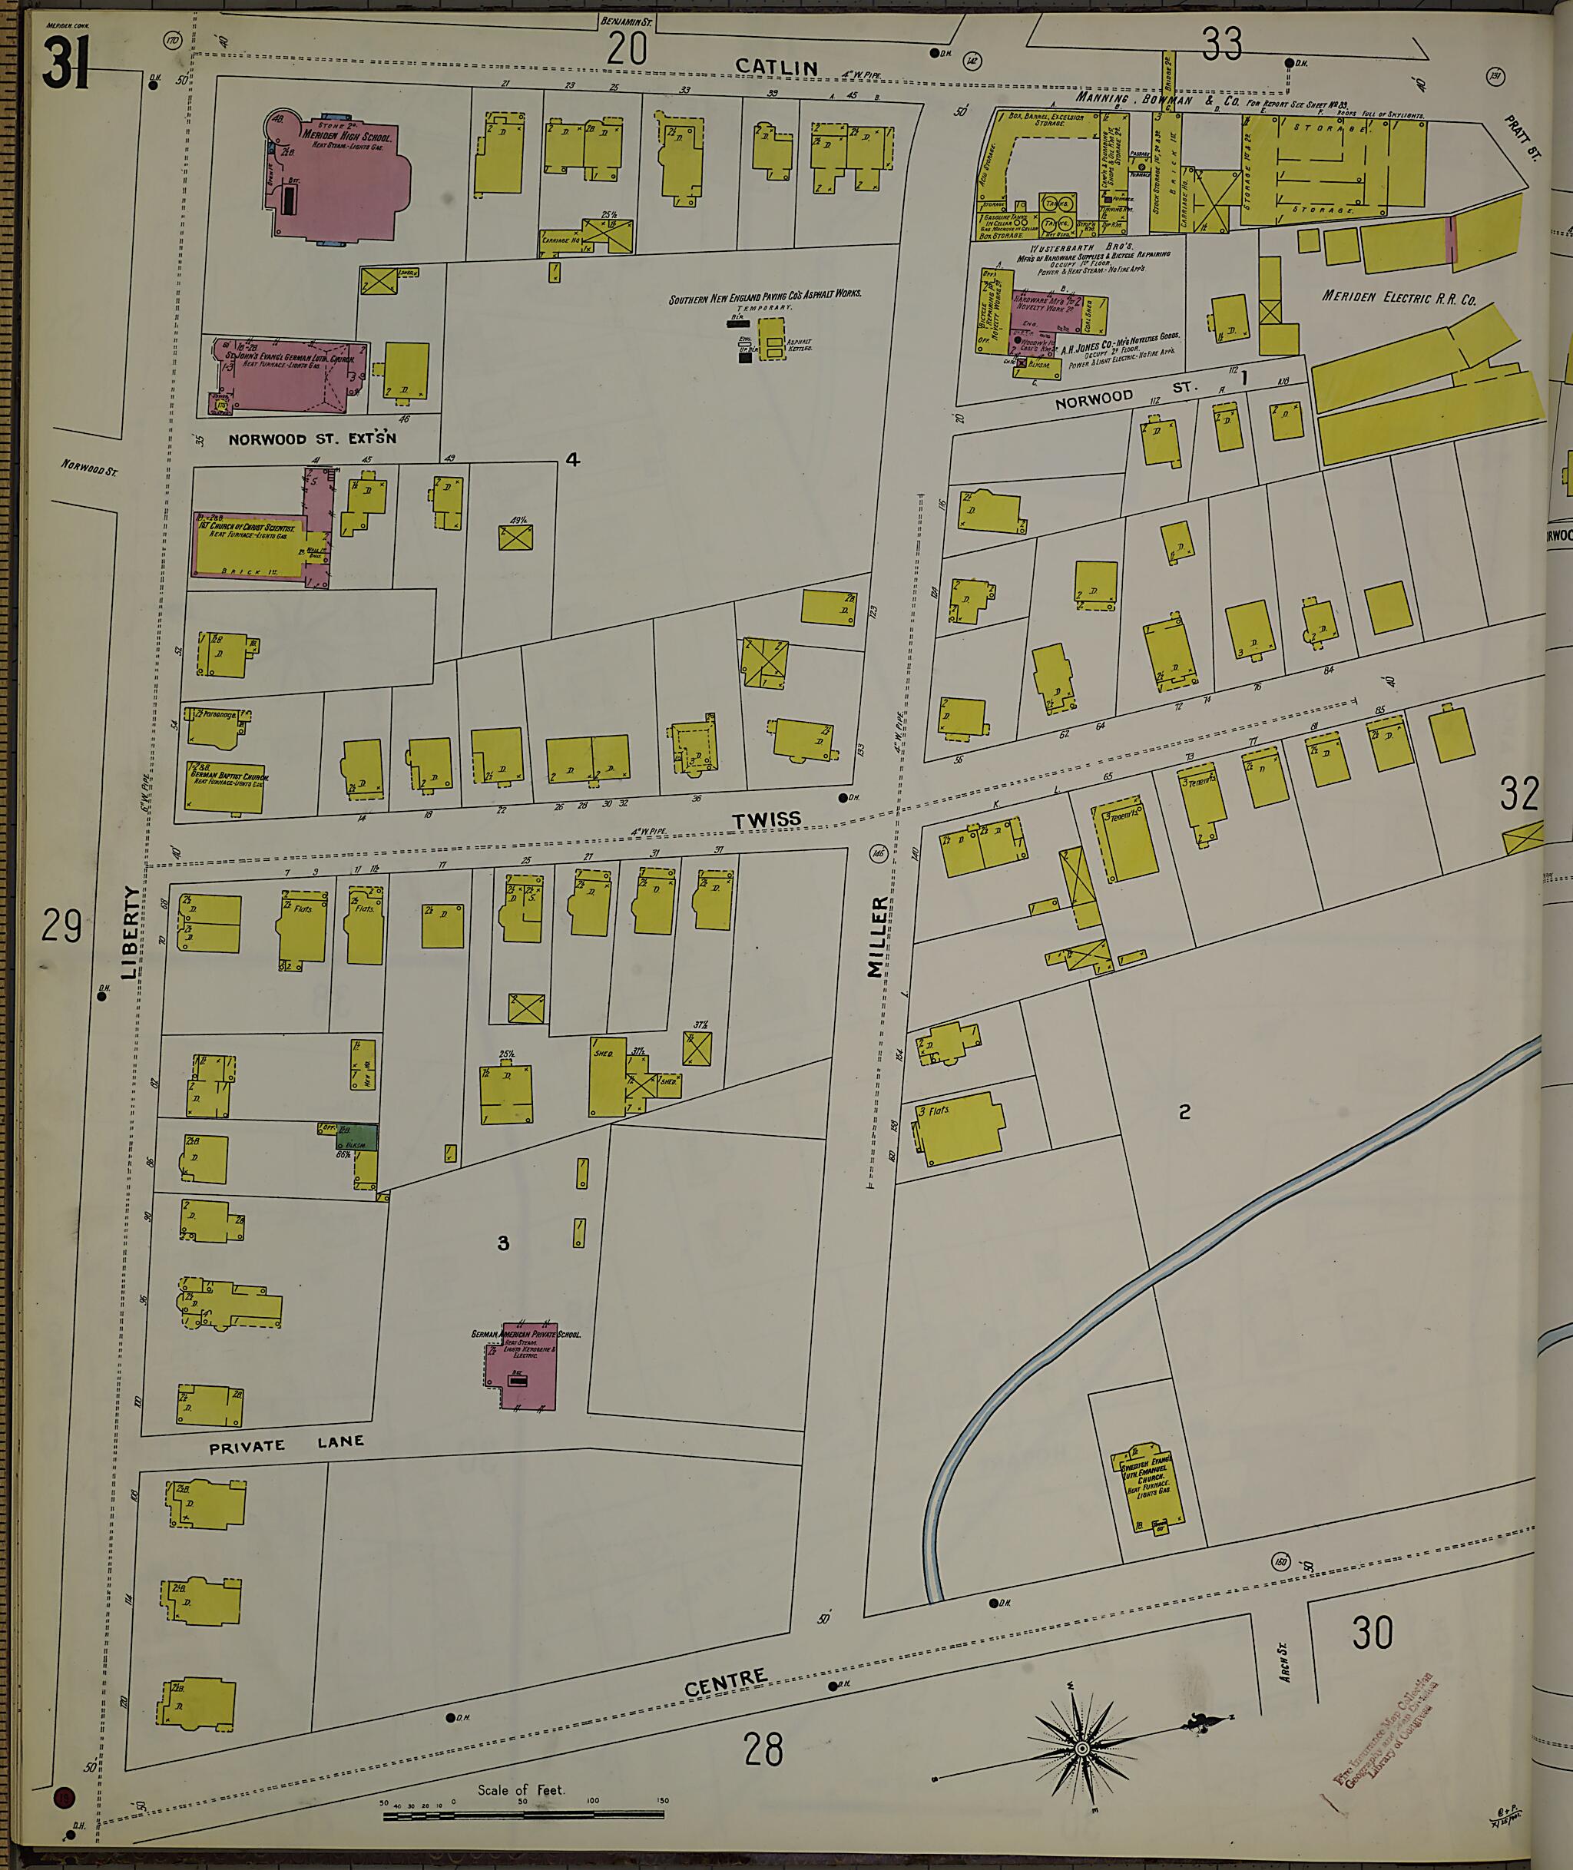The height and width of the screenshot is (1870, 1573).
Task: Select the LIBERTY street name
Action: pyautogui.click(x=131, y=931)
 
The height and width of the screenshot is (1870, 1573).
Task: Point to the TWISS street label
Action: pyautogui.click(x=766, y=819)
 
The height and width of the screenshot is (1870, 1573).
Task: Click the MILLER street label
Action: pyautogui.click(x=879, y=936)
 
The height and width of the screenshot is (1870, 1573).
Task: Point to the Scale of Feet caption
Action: pyautogui.click(x=521, y=1789)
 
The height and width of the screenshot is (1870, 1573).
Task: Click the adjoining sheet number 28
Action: pyautogui.click(x=763, y=1749)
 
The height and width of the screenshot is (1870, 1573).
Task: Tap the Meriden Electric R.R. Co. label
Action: pyautogui.click(x=1398, y=298)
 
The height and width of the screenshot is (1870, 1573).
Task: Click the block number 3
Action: pyautogui.click(x=503, y=1243)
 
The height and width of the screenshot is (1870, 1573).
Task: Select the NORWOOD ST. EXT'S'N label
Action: pyautogui.click(x=312, y=439)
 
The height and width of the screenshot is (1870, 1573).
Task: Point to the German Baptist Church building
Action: pyautogui.click(x=227, y=786)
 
